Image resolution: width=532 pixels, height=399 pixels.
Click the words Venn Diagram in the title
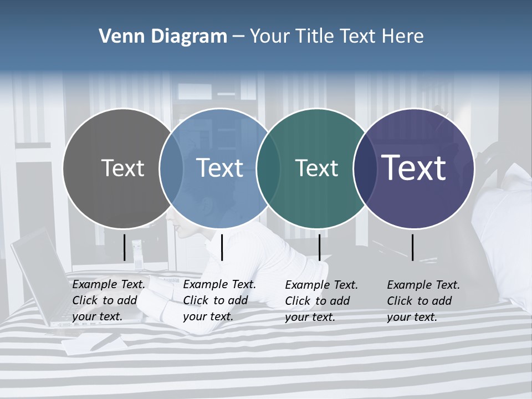click(163, 37)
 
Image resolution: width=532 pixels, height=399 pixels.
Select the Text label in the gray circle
click(122, 168)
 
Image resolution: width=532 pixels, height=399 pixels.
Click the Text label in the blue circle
click(220, 168)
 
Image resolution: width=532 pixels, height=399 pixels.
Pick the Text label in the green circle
click(316, 168)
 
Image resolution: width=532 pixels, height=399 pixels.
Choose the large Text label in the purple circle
click(414, 168)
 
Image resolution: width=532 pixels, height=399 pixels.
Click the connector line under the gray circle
click(124, 247)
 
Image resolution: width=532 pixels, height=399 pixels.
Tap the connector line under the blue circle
click(222, 247)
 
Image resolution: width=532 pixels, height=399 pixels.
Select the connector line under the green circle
click(319, 247)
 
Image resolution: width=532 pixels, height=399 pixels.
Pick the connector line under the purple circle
click(412, 247)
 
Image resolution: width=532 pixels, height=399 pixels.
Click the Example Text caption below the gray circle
click(109, 300)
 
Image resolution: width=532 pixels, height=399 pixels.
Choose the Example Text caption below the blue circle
click(219, 300)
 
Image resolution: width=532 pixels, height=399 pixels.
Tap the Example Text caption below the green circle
click(321, 301)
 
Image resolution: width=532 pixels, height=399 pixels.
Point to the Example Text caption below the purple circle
click(423, 301)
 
